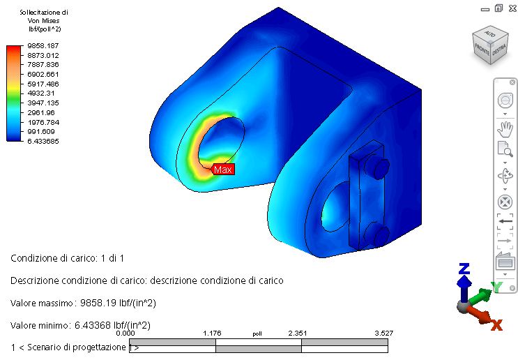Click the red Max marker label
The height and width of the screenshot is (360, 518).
224,170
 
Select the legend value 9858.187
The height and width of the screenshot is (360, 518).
43,45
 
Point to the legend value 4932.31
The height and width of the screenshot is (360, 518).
41,93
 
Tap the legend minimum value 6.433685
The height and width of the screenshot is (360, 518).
43,141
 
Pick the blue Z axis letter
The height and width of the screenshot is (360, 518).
464,269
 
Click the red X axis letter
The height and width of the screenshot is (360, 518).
496,325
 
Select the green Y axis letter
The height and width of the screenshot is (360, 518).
497,287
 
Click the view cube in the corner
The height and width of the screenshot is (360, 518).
490,45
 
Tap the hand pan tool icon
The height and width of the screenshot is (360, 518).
505,129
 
